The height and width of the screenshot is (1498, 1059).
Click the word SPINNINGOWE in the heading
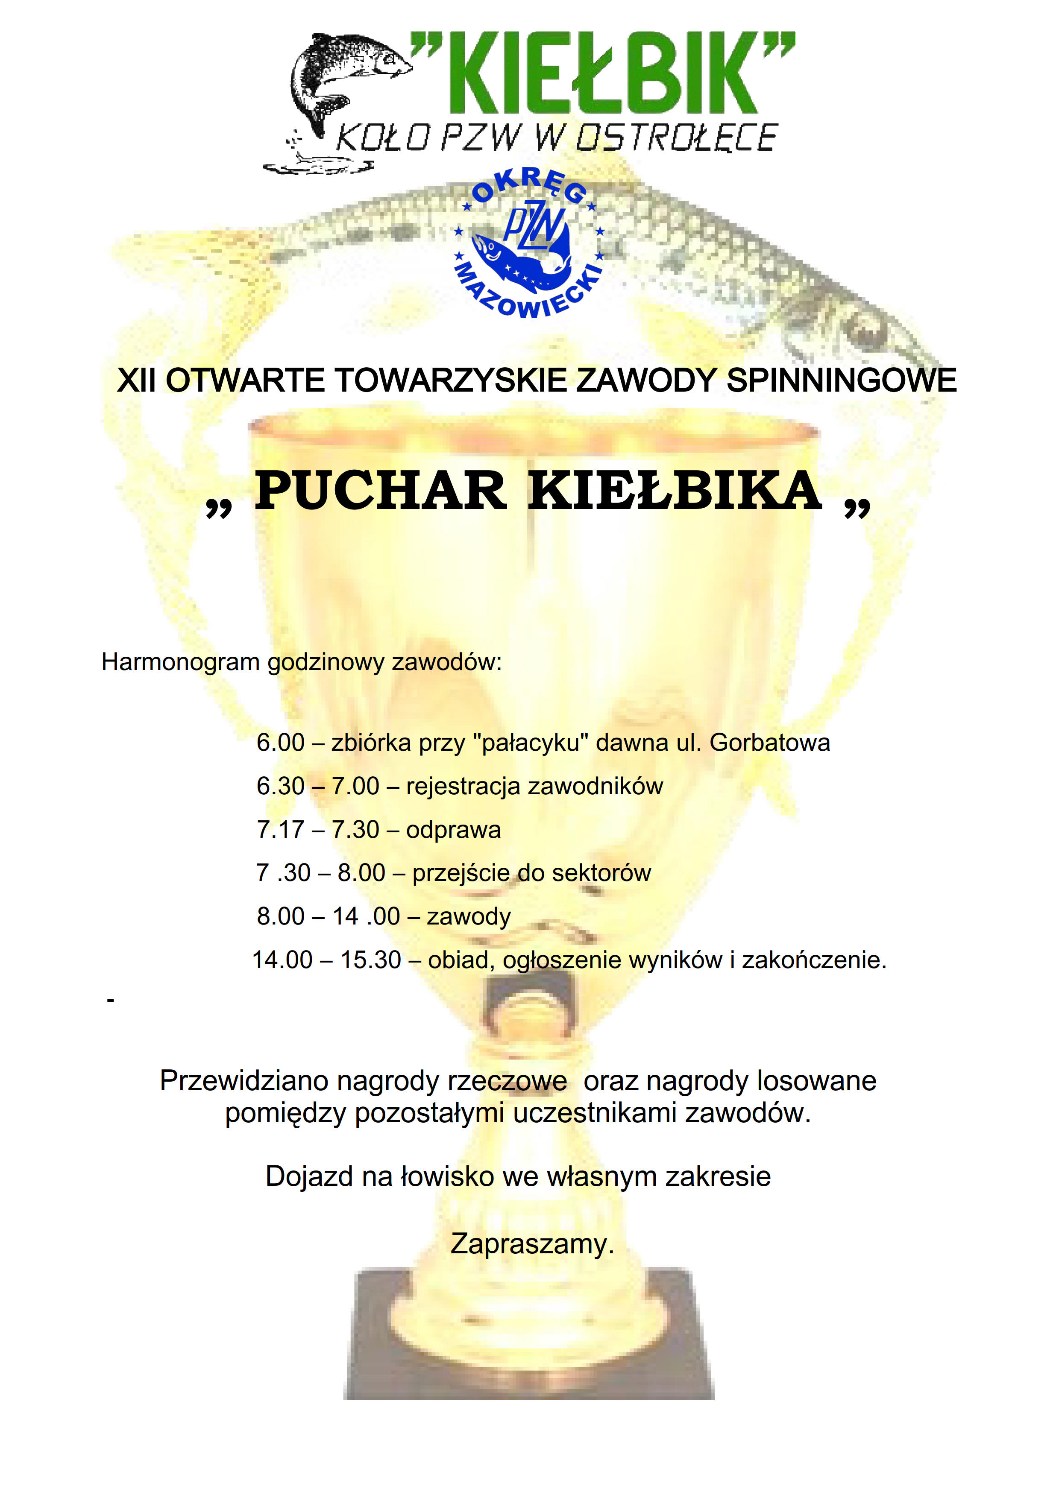click(x=842, y=380)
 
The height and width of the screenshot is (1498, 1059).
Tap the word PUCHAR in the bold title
click(x=380, y=491)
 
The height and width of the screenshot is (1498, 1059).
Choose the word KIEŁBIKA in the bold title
click(x=675, y=491)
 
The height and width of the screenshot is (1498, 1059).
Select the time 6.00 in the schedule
click(x=281, y=743)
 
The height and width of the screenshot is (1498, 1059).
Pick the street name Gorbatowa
click(x=769, y=743)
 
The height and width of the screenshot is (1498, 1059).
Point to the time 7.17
click(x=281, y=830)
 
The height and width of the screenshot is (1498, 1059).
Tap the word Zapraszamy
click(x=532, y=1244)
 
